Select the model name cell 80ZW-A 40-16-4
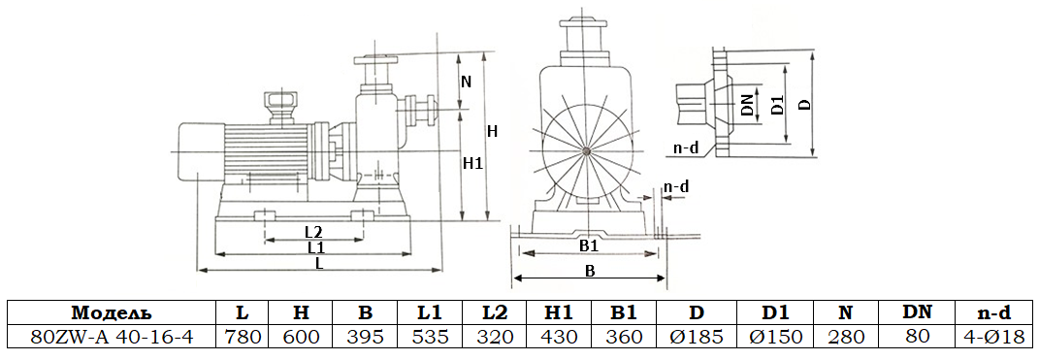click(x=111, y=336)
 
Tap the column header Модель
click(x=111, y=312)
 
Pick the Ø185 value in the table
click(x=697, y=336)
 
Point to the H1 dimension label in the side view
click(x=472, y=164)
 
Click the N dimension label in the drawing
click(x=466, y=82)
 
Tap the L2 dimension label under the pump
click(x=312, y=232)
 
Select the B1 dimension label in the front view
click(x=589, y=246)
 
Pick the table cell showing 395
click(x=365, y=336)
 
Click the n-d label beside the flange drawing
click(x=686, y=148)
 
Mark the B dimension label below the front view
click(x=589, y=272)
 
